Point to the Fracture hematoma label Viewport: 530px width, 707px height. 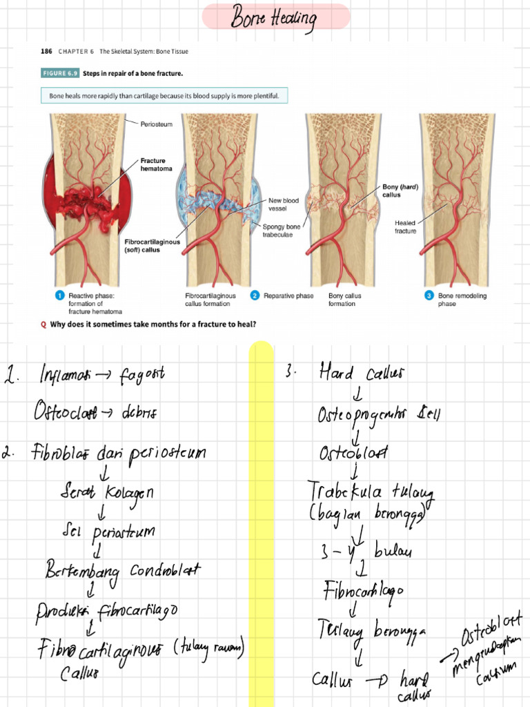pos(153,164)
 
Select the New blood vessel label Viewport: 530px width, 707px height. pos(284,204)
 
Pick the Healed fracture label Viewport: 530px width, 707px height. pos(405,226)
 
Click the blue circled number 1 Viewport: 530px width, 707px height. pos(59,296)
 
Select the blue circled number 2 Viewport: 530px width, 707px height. pos(255,296)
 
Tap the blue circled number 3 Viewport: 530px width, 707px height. pos(429,296)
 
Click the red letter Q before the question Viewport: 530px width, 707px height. pos(44,327)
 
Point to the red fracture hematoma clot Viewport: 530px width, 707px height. pos(86,200)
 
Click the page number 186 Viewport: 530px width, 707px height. pos(46,51)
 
